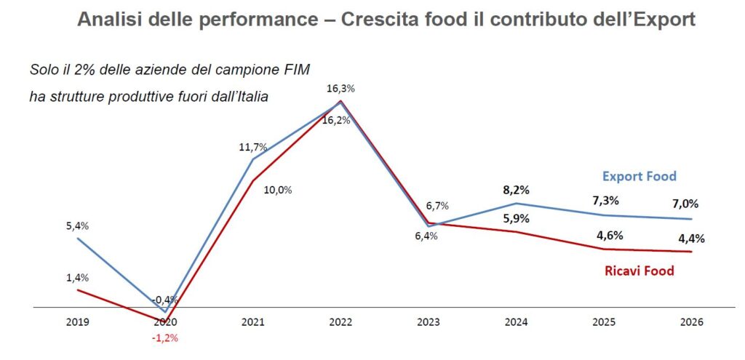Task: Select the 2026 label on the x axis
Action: pos(692,321)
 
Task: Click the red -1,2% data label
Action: pos(166,337)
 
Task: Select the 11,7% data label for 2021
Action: pos(252,146)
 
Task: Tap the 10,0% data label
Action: pos(278,190)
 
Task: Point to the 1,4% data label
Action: pos(76,277)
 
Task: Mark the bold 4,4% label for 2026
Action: pos(691,238)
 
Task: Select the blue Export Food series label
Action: pos(640,176)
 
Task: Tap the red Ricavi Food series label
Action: pos(640,271)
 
